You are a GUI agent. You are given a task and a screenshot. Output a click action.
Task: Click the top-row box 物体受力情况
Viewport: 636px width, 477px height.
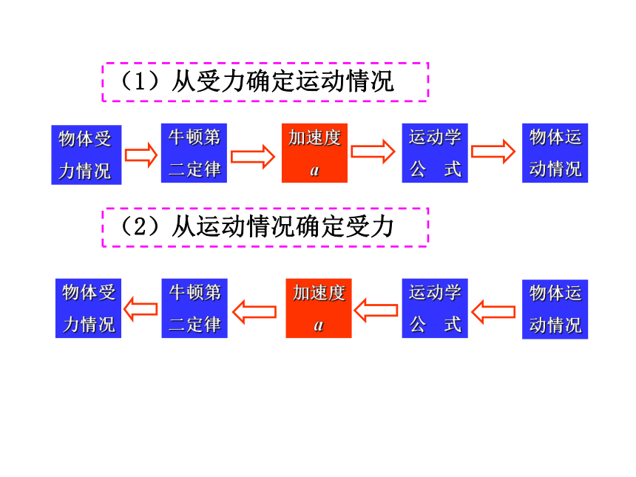(x=87, y=155)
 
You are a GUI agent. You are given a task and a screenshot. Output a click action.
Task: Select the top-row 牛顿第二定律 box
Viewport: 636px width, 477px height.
(x=194, y=153)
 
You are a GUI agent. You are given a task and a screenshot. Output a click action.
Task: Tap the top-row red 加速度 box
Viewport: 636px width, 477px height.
(x=315, y=153)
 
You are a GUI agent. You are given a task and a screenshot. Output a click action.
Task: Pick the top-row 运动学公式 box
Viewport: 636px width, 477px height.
(x=435, y=153)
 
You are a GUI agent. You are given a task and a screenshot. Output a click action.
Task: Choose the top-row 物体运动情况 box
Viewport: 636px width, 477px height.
(x=555, y=153)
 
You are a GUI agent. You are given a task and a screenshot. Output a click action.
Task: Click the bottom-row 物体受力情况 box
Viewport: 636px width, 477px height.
(x=89, y=308)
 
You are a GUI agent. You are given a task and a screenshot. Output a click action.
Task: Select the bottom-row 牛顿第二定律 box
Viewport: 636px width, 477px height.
(x=194, y=308)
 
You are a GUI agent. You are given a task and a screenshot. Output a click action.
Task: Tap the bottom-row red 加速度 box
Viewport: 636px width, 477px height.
(x=319, y=308)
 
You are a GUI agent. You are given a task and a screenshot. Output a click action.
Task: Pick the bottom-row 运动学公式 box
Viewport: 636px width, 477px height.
(x=435, y=308)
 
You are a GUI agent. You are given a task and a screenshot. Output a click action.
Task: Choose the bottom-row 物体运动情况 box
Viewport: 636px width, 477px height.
(x=555, y=309)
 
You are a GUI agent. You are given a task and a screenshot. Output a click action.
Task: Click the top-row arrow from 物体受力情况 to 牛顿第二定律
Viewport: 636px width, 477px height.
(x=141, y=155)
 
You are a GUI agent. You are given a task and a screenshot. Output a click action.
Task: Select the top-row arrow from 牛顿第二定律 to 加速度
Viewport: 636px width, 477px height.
(x=253, y=157)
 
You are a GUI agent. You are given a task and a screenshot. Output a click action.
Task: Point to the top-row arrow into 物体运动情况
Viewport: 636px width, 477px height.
(x=493, y=152)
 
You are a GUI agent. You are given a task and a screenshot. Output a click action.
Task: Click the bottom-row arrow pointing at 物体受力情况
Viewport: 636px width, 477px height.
(x=141, y=309)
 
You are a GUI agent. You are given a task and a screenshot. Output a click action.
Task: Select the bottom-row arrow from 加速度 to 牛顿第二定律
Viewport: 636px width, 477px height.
(x=254, y=312)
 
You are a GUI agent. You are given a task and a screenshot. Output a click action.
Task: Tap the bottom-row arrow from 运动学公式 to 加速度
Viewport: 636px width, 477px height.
(x=376, y=311)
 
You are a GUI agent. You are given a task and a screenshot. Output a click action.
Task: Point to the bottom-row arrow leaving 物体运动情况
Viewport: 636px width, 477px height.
(x=493, y=312)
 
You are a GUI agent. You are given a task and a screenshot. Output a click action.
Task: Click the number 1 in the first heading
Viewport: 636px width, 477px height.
(x=140, y=81)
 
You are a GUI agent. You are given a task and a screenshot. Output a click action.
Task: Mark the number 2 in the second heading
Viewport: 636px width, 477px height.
(x=140, y=227)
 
